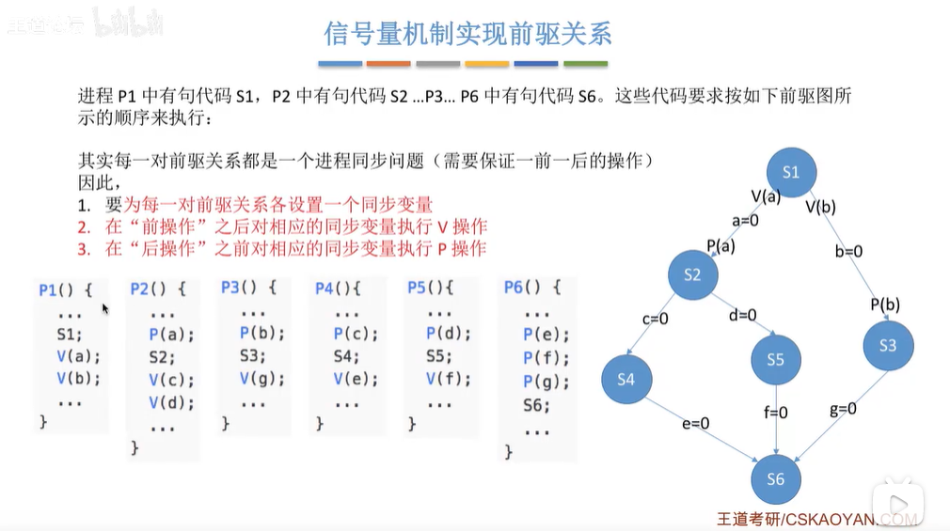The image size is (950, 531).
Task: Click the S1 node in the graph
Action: (x=790, y=172)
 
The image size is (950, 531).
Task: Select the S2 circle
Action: (x=692, y=274)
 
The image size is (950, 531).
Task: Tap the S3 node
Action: (x=887, y=346)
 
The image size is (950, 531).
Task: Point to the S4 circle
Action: (x=626, y=380)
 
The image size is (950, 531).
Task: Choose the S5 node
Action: (x=775, y=359)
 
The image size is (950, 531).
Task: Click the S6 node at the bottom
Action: (x=775, y=479)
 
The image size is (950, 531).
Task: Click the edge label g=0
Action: (x=843, y=409)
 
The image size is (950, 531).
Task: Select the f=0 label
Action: (x=775, y=413)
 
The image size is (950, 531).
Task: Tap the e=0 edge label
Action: (x=695, y=424)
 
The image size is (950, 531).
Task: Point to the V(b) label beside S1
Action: (x=820, y=207)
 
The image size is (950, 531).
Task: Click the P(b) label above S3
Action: (x=886, y=304)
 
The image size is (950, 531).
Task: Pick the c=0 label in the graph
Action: (x=655, y=319)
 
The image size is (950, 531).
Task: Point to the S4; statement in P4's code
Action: (x=347, y=356)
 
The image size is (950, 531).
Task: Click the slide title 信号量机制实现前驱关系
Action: (x=468, y=35)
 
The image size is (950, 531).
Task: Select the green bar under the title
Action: (x=585, y=64)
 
